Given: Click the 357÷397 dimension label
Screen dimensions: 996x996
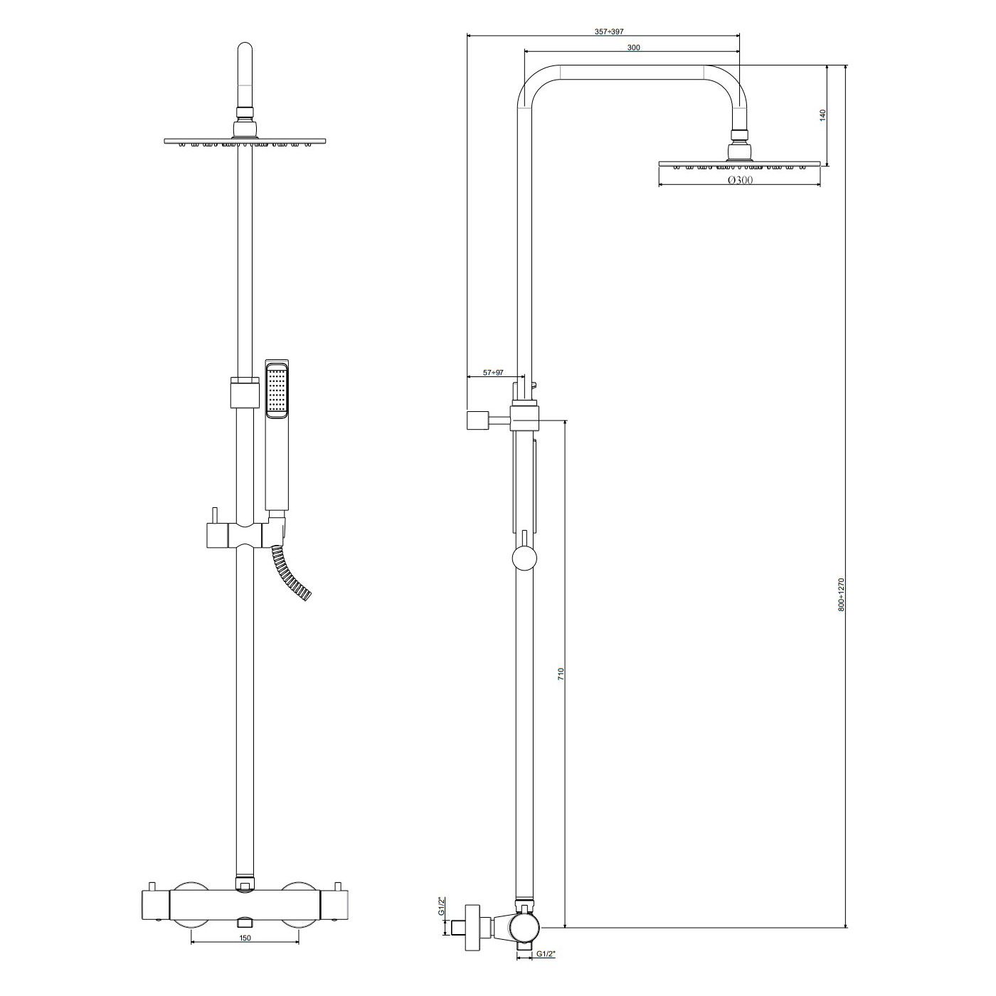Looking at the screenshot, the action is (x=609, y=31).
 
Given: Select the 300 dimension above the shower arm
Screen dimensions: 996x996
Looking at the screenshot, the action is (x=633, y=48).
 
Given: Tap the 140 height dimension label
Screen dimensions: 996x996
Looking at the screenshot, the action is (x=823, y=115).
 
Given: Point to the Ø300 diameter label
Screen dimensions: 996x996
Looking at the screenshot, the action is (x=740, y=180).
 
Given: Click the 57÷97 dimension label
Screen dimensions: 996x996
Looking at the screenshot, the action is (x=492, y=373).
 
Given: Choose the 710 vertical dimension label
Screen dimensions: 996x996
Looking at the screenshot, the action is (x=561, y=674).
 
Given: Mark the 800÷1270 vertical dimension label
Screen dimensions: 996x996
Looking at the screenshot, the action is (x=841, y=595).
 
